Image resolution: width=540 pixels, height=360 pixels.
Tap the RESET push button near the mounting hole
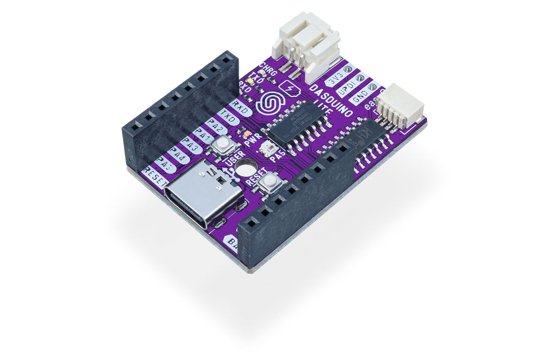pos(271,181)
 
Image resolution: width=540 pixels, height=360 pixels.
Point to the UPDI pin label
pos(346,89)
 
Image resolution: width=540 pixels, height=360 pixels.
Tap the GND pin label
pos(360,98)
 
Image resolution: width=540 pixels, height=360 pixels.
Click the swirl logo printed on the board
pos(269,103)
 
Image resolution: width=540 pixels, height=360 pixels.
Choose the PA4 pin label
pos(178,157)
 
